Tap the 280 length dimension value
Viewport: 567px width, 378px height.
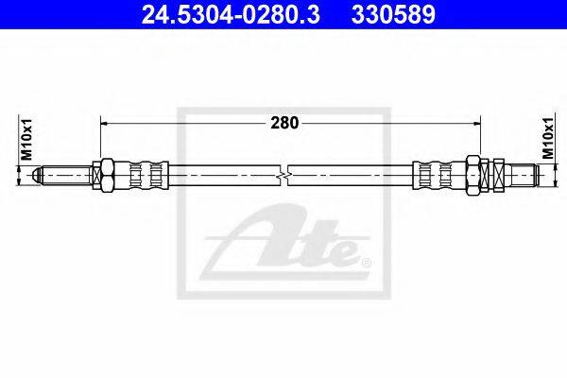(284, 122)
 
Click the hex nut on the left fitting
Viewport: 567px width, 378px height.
(107, 175)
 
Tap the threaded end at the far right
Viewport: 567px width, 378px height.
(529, 175)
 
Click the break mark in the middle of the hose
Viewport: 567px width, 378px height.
(285, 175)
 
